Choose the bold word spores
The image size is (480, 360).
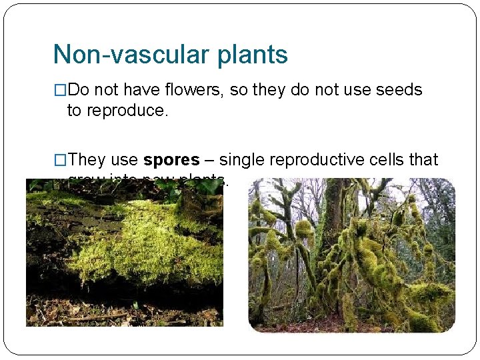171,160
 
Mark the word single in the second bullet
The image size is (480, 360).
243,160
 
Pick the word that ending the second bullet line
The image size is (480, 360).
425,160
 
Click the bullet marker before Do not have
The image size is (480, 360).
60,90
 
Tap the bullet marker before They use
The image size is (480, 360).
60,160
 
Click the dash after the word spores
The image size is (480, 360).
209,161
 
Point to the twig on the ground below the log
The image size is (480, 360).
100,316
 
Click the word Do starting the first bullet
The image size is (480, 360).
77,90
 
